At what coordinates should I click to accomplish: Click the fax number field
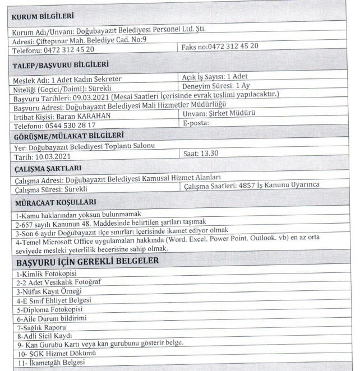point(220,45)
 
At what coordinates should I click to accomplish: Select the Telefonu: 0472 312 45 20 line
point(53,49)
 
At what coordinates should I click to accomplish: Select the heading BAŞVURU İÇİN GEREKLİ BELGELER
point(87,261)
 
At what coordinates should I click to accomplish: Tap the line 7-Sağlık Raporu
point(38,326)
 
